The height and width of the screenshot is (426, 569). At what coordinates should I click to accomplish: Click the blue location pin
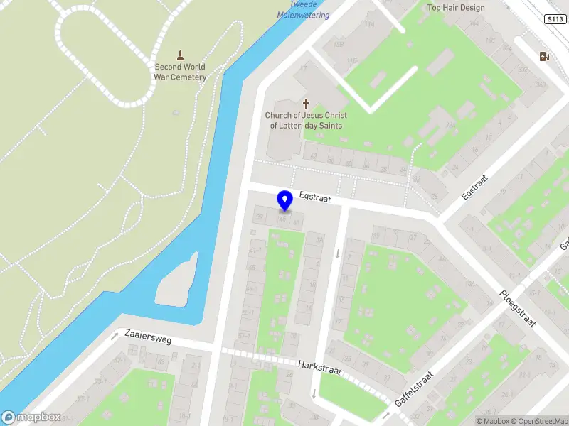(285, 201)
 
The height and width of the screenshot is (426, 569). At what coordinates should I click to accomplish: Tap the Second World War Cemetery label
(181, 72)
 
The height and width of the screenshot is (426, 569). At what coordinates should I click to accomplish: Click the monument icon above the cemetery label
(181, 55)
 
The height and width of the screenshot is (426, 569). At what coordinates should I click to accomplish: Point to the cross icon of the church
(307, 103)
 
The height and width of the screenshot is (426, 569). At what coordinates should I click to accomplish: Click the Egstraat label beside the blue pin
(315, 198)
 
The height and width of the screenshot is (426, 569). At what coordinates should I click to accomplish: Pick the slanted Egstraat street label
(472, 185)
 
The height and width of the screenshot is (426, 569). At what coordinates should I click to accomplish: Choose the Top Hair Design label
(456, 8)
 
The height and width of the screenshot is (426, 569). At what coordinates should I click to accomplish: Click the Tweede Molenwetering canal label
(303, 10)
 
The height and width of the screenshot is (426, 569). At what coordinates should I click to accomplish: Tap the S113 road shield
(557, 19)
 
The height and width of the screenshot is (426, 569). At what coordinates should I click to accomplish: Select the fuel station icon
(545, 57)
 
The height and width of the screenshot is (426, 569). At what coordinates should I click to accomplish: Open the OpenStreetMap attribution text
(538, 421)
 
